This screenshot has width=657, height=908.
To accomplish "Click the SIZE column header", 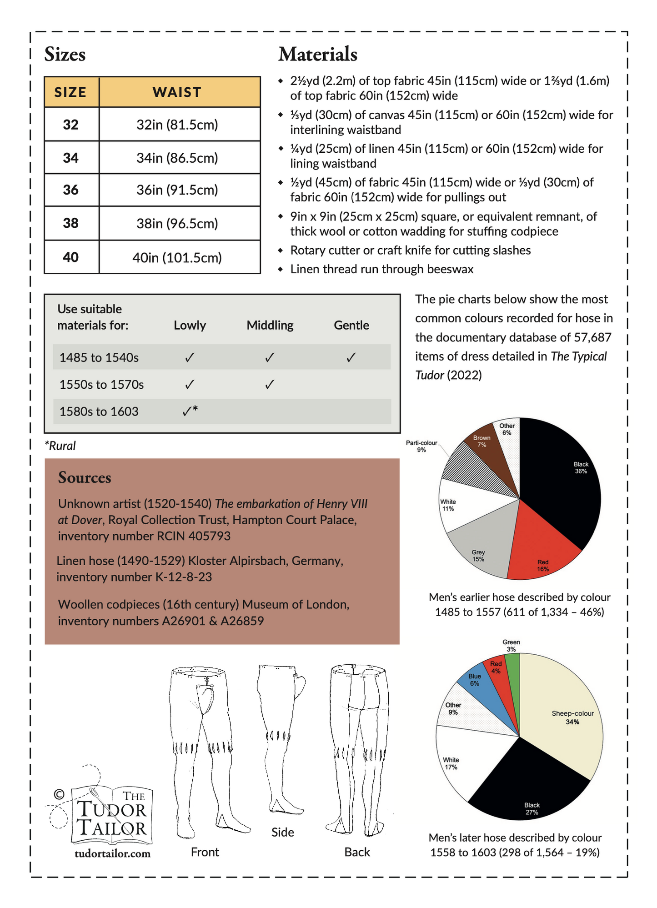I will [70, 92].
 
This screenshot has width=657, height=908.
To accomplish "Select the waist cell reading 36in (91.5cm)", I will [177, 190].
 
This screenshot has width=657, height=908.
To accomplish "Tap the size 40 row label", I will [71, 257].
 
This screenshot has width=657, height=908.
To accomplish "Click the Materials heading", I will [318, 54].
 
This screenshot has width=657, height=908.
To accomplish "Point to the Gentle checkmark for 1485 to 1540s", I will [351, 358].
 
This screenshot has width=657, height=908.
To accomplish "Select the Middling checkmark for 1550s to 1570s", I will [270, 385].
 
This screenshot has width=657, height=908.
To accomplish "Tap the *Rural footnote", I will [60, 446].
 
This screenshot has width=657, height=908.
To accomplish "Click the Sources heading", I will [85, 477].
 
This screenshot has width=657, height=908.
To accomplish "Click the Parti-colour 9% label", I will [421, 446].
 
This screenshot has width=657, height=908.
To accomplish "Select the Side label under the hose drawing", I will [282, 832].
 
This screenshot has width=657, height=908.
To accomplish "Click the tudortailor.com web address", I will [112, 853].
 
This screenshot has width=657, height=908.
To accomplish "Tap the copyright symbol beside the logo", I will [59, 794].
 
